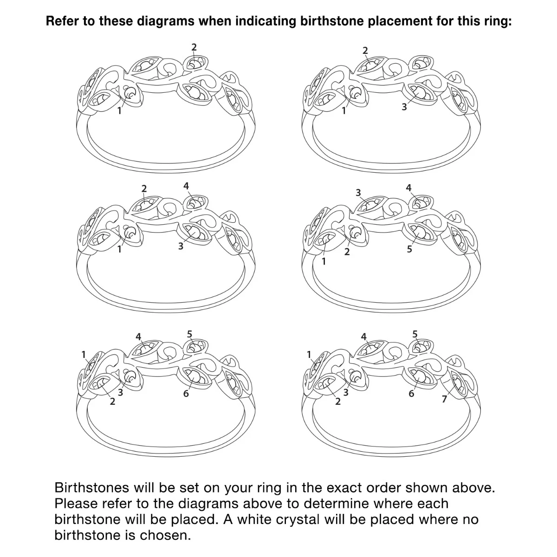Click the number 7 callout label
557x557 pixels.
[445, 399]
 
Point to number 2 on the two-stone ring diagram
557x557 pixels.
[194, 47]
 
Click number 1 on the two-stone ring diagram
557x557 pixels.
[119, 110]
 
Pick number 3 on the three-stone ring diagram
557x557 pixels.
[404, 107]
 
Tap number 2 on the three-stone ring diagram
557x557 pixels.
[365, 51]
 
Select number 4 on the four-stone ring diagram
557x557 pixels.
[186, 186]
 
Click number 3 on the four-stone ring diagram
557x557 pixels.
[181, 246]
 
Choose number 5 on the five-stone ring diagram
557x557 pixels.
[409, 249]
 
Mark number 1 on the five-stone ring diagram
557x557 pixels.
[324, 261]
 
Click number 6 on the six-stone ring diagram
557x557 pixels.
[186, 394]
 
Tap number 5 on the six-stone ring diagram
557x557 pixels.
[189, 334]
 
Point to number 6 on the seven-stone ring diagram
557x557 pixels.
[411, 394]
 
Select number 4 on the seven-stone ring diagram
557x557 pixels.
[363, 337]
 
